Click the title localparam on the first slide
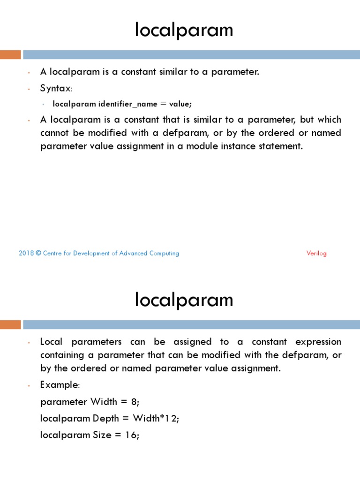184,30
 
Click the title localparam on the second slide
184,300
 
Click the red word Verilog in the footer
316,253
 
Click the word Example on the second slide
59,385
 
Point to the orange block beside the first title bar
10,55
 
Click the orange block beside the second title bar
10,324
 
